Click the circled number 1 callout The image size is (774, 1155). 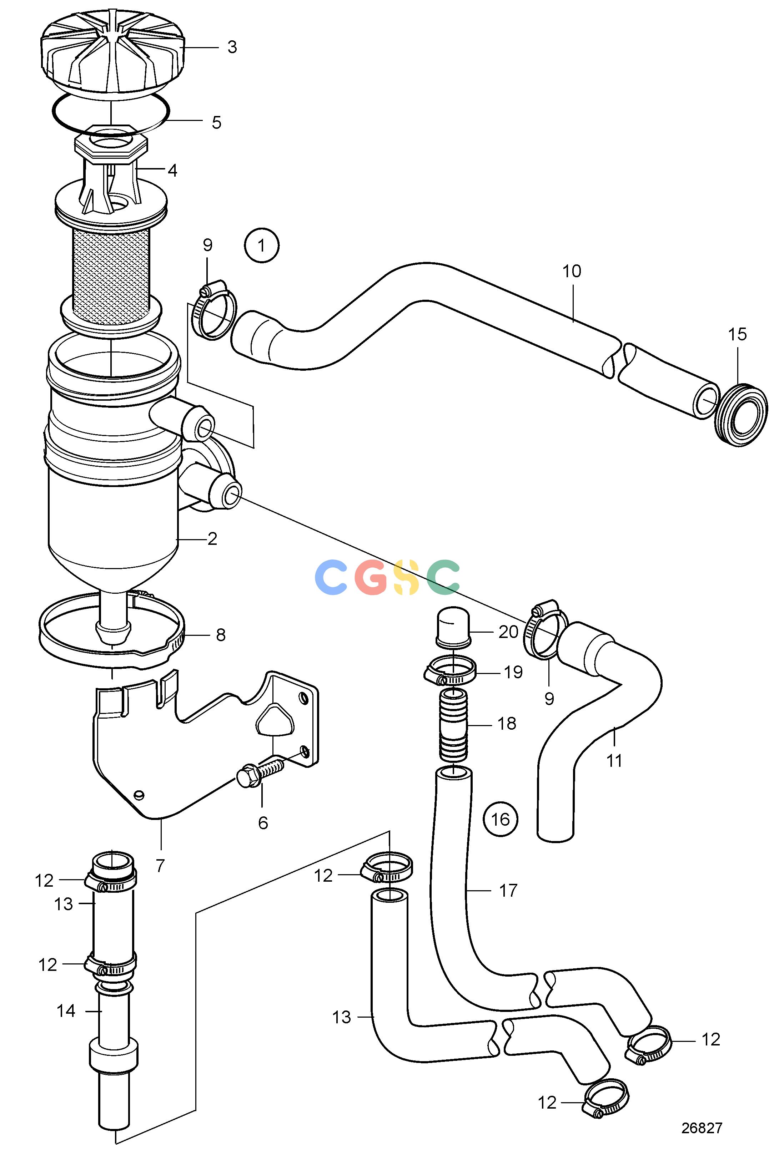(262, 245)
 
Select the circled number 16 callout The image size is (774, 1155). (500, 820)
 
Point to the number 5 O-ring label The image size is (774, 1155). (217, 122)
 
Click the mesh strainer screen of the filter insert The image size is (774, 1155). (112, 272)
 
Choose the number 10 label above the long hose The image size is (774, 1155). (572, 271)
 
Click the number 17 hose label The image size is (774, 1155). (508, 891)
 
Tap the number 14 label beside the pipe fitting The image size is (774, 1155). (66, 1011)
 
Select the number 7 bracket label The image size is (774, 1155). (160, 866)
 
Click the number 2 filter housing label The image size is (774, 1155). (212, 539)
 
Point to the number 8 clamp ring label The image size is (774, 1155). (221, 635)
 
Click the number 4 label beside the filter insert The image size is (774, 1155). (172, 171)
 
